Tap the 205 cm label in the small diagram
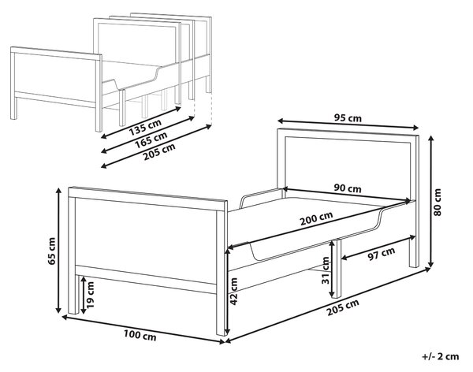[159, 152]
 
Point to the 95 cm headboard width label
[348, 118]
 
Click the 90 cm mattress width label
[348, 188]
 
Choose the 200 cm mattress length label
[316, 218]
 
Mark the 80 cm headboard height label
[437, 202]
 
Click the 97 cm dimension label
[382, 255]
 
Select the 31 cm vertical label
[326, 270]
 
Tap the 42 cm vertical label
[234, 291]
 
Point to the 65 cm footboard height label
[51, 251]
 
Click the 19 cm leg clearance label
[90, 295]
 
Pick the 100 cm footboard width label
[140, 335]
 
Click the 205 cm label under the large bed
[343, 307]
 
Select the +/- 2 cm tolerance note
[441, 356]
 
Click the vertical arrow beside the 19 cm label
[83, 296]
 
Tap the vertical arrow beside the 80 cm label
[431, 202]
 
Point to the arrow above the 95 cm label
[348, 124]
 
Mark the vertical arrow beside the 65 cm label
[59, 251]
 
